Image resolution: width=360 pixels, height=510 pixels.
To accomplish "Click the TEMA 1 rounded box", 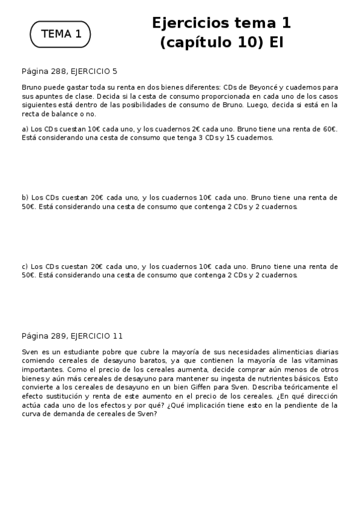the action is [x=60, y=34].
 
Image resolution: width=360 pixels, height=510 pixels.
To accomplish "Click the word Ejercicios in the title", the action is [x=191, y=23].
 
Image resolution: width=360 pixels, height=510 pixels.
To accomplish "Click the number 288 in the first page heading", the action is [x=59, y=70].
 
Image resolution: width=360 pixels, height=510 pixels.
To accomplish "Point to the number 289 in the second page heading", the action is [x=59, y=336].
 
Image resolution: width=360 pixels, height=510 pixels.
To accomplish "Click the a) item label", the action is [x=25, y=129].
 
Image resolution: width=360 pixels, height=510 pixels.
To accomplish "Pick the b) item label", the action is [x=25, y=197].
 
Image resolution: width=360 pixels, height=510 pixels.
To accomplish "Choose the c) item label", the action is [x=25, y=266].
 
